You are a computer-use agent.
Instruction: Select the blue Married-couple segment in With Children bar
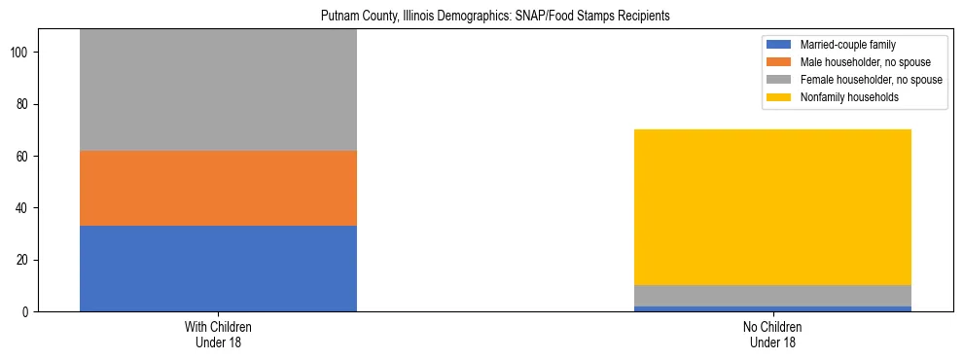click(218, 269)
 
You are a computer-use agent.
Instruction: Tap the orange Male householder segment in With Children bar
click(218, 188)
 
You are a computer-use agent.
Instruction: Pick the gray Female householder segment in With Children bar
click(218, 90)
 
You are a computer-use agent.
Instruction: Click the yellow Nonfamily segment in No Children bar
click(772, 207)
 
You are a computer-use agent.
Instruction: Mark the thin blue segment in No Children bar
click(772, 308)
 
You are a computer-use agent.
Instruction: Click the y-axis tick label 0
click(29, 312)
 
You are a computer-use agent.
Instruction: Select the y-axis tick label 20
click(26, 260)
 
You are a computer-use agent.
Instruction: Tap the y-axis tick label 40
click(26, 208)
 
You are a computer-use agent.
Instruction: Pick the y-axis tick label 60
click(26, 157)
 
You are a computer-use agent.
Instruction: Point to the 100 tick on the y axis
click(23, 53)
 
